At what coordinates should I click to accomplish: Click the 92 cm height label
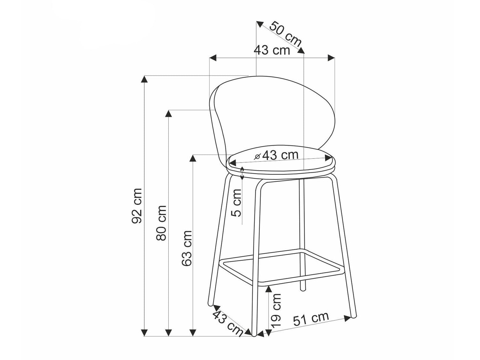click(x=137, y=206)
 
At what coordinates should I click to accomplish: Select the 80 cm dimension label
click(x=162, y=223)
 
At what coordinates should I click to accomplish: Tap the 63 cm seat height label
click(x=187, y=248)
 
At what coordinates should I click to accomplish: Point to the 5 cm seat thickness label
click(x=236, y=203)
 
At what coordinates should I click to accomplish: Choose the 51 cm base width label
click(x=311, y=319)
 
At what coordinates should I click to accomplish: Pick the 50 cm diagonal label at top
click(x=285, y=34)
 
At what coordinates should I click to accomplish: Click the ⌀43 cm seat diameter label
click(x=276, y=155)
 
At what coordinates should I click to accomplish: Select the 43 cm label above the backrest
click(x=272, y=51)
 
